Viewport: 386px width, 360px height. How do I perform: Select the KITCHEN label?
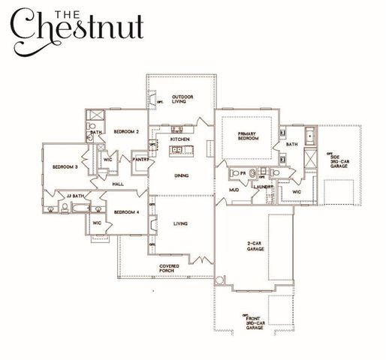click(x=180, y=140)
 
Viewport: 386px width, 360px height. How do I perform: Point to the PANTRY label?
click(x=140, y=160)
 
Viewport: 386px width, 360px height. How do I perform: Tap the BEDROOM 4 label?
click(x=126, y=212)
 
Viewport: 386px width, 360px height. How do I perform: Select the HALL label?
click(x=118, y=184)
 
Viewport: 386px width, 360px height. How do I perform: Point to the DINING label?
click(x=180, y=177)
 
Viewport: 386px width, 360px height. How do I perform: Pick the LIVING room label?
click(x=180, y=223)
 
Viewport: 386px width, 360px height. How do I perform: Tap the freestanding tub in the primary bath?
click(x=309, y=136)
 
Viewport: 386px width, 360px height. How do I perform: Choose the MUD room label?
click(x=234, y=190)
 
